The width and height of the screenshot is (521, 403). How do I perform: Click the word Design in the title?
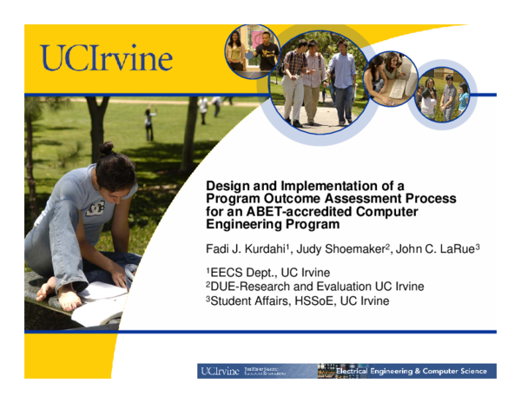(227, 185)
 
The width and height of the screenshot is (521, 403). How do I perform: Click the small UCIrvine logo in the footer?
(220, 371)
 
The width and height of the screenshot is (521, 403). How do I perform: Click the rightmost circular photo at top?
(442, 92)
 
